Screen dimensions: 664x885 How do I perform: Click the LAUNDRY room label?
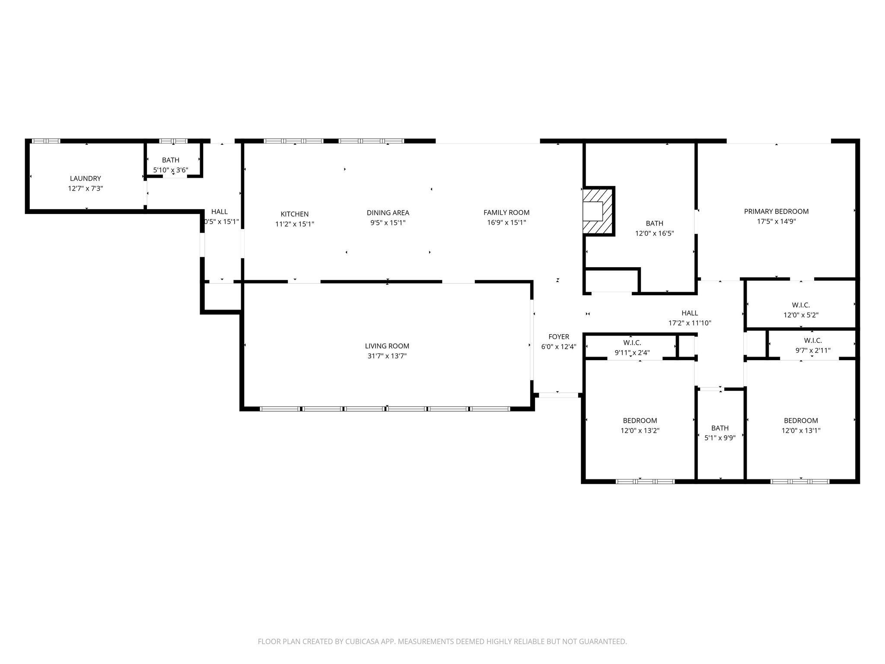point(86,178)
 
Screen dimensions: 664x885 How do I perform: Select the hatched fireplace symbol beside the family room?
point(598,211)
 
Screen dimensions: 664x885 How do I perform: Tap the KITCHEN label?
point(295,214)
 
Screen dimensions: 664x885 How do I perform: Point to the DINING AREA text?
point(388,213)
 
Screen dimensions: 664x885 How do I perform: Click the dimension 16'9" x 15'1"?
point(506,223)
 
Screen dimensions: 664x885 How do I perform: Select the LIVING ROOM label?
point(387,346)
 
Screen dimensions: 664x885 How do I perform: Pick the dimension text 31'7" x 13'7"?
point(387,356)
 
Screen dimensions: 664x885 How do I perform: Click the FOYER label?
point(559,337)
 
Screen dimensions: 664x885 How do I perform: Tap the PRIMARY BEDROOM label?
point(776,211)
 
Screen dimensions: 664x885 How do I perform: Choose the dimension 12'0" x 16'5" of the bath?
point(654,233)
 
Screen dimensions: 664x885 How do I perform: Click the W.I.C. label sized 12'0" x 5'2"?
point(801,305)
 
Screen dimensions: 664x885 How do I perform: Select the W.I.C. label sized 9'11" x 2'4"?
point(632,343)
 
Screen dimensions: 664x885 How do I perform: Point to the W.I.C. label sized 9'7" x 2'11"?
point(813,341)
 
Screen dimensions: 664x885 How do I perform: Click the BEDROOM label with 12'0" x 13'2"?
point(640,421)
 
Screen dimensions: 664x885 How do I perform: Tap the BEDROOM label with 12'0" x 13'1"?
point(801,421)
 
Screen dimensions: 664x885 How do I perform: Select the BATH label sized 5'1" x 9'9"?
point(719,428)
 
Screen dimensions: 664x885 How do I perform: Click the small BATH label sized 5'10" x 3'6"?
point(171,160)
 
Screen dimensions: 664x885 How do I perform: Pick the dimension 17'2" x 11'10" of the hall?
point(690,323)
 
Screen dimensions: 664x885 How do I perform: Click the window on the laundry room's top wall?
point(46,141)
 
